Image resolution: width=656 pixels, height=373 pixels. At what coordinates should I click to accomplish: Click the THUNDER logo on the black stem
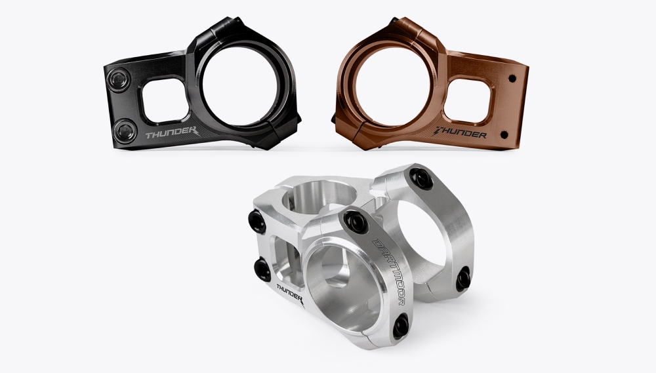point(172,133)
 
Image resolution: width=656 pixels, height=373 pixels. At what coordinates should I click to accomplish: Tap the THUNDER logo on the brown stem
point(459,132)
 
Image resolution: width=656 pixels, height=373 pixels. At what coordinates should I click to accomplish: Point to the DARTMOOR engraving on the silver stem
point(390,271)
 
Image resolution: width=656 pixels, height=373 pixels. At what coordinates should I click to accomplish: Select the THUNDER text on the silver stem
point(291,294)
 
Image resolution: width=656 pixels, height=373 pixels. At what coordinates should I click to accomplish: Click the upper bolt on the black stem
point(118,79)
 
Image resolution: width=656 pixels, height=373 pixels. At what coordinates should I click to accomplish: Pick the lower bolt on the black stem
point(126,131)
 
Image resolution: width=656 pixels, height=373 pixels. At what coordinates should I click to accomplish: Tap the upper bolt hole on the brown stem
point(511,78)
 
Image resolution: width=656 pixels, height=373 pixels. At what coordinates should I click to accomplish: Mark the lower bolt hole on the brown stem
point(504,134)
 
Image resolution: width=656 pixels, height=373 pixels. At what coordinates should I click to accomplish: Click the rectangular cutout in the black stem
point(165,100)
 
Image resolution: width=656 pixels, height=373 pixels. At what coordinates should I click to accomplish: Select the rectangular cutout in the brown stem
point(467,100)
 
